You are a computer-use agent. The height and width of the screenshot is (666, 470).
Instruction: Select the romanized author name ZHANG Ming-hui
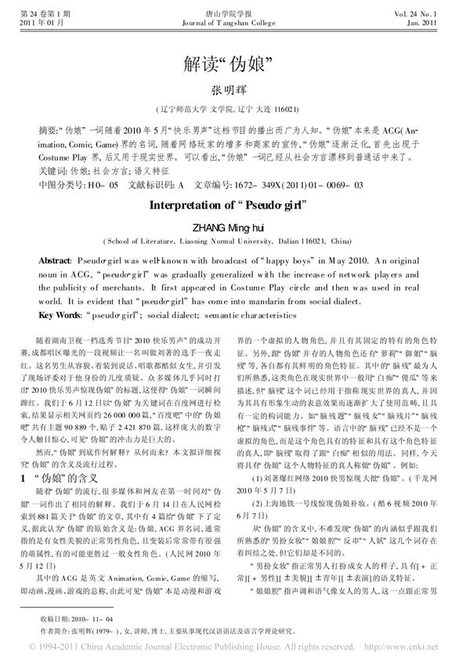click(x=234, y=226)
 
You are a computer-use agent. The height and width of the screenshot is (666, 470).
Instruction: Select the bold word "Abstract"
click(x=56, y=259)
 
